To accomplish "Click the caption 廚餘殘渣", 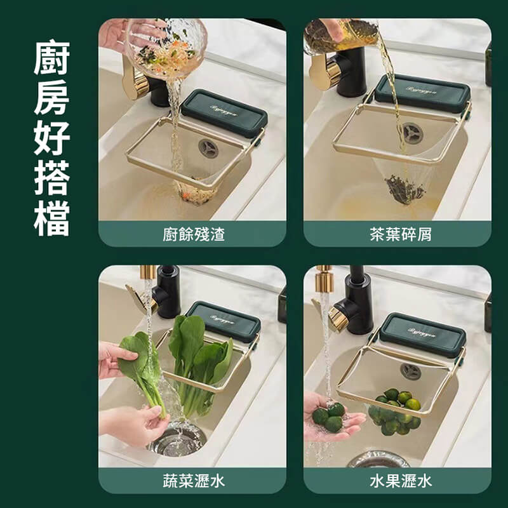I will tap(194, 235).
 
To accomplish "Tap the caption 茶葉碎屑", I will tap(401, 235).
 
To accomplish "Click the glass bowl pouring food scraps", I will tap(166, 48).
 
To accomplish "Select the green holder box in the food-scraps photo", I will tap(224, 113).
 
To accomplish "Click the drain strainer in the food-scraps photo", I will tap(208, 148).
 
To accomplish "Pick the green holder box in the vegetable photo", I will tap(224, 321).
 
